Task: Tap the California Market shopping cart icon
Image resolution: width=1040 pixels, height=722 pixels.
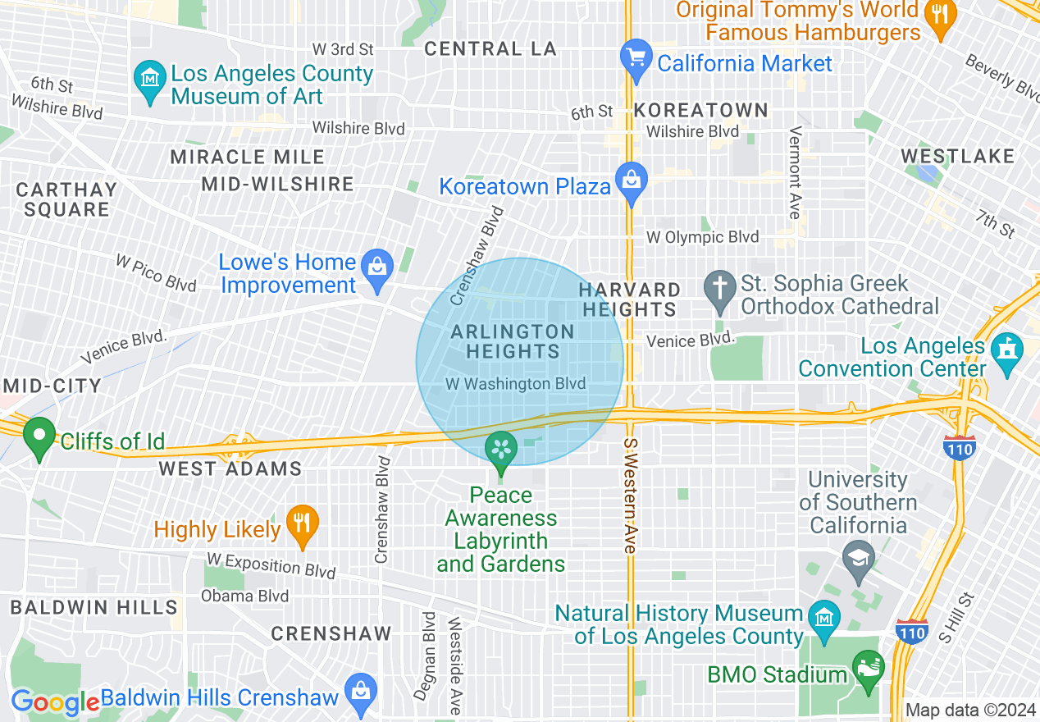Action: click(636, 59)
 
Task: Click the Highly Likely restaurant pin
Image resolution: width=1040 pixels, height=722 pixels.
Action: click(303, 523)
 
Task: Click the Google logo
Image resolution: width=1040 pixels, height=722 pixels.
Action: click(55, 703)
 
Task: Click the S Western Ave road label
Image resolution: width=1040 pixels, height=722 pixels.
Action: click(630, 495)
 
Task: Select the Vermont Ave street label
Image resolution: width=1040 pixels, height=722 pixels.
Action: click(794, 172)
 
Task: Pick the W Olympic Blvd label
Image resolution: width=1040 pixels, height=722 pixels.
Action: click(703, 237)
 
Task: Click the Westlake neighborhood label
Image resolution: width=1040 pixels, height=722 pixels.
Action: click(957, 156)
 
